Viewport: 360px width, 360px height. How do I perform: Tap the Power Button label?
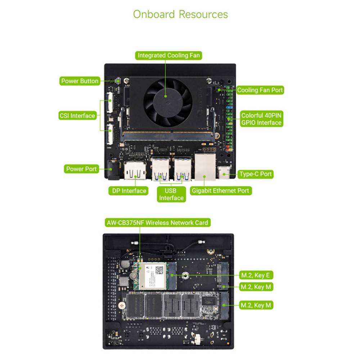pyautogui.click(x=80, y=81)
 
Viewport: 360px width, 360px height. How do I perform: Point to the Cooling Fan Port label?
pyautogui.click(x=260, y=90)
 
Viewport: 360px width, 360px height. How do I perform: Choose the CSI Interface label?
pyautogui.click(x=78, y=116)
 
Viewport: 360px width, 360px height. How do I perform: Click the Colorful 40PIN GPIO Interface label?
pyautogui.click(x=261, y=119)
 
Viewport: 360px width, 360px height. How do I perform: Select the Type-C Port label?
pyautogui.click(x=256, y=174)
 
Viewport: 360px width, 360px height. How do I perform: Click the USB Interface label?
pyautogui.click(x=171, y=194)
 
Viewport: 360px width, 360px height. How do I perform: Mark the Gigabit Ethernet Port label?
pyautogui.click(x=220, y=191)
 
